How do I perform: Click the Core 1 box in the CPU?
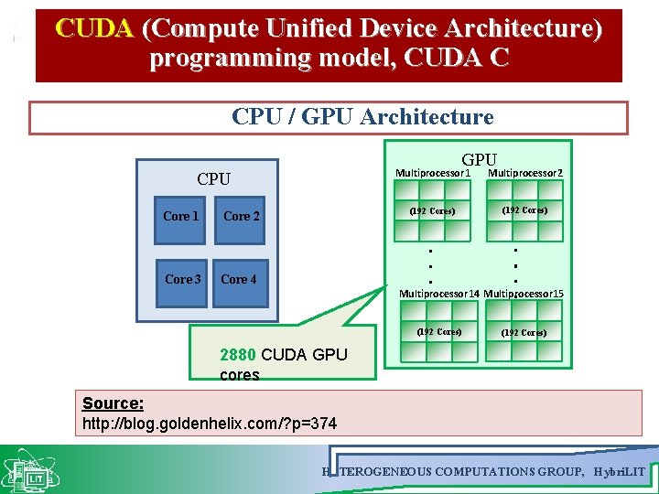coord(180,217)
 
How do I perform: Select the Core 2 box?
coord(242,217)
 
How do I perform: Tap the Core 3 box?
coord(182,279)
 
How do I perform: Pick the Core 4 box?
coord(238,279)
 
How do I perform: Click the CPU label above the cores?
coord(214,179)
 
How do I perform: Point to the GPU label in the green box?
coord(479,160)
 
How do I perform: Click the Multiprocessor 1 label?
coord(432,173)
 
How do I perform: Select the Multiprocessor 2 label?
coord(525,173)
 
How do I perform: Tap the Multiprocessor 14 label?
coord(438,294)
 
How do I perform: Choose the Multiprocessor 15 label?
coord(524,294)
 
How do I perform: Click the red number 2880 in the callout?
coord(238,355)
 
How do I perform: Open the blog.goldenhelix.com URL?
coord(210,424)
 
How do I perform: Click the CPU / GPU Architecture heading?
coord(362,117)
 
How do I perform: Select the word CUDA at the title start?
coord(94,29)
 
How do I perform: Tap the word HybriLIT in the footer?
coord(619,471)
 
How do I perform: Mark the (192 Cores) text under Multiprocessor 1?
coord(432,211)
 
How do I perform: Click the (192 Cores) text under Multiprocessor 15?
coord(524,332)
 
